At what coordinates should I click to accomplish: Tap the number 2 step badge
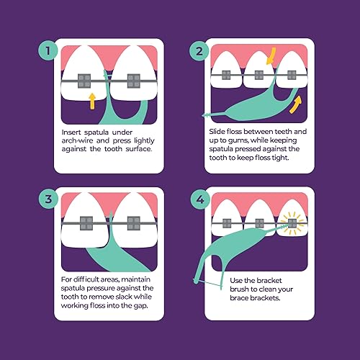(199, 52)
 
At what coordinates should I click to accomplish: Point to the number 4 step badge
(199, 199)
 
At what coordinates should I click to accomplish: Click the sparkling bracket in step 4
(292, 224)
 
